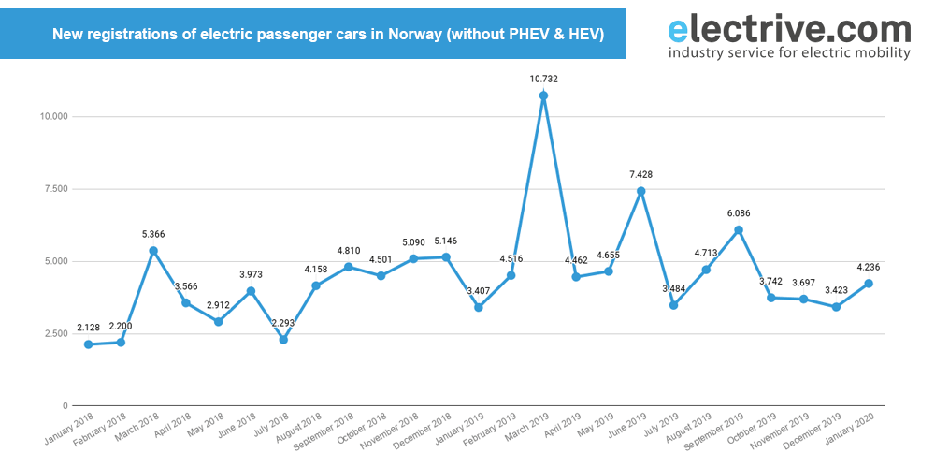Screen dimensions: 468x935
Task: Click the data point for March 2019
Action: coord(543,95)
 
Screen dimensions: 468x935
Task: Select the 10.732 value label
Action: coord(543,79)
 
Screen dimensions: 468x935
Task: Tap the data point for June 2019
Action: coord(640,191)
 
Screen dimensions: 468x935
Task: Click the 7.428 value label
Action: coord(640,174)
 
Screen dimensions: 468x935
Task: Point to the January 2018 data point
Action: coord(88,344)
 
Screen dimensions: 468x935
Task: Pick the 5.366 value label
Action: coord(153,234)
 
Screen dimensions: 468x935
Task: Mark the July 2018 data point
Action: coord(283,340)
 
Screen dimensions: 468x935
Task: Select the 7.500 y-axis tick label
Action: coord(55,189)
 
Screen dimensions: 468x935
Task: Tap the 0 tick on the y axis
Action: coord(65,406)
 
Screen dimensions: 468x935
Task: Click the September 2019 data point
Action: coord(739,230)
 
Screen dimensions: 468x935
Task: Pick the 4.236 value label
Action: coord(869,267)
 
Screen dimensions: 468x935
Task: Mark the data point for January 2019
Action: coord(478,307)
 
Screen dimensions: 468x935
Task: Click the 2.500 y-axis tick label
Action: coord(55,334)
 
